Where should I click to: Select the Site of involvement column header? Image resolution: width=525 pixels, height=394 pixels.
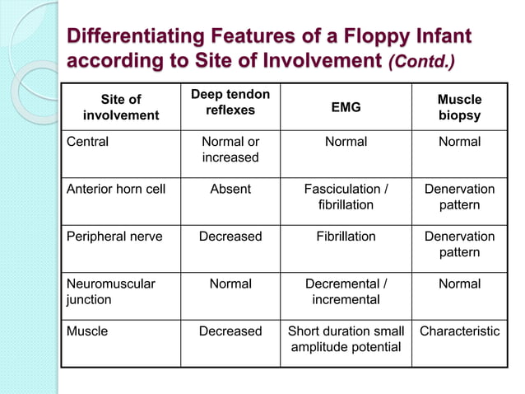coord(122,107)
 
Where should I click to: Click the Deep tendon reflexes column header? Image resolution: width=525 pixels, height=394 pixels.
coord(230,102)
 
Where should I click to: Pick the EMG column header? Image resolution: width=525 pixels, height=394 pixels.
coord(346,107)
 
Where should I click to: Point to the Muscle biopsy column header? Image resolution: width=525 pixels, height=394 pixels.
coord(459,107)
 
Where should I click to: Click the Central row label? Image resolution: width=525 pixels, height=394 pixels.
coord(88,142)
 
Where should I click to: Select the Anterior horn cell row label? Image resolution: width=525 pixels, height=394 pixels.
coord(116,189)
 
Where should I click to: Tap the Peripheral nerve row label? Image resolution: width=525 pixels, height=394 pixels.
coord(114,237)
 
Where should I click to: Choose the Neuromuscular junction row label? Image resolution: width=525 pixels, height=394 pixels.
coord(111,291)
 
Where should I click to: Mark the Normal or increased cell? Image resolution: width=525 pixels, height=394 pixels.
coord(230,149)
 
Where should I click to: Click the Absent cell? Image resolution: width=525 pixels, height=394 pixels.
coord(230,189)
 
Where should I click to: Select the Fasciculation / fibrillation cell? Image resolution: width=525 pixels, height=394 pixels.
coord(346,196)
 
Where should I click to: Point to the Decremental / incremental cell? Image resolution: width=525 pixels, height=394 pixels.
coord(346,291)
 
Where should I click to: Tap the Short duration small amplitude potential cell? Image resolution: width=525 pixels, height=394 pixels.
coord(346,339)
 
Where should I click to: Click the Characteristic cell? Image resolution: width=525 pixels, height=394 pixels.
coord(459,331)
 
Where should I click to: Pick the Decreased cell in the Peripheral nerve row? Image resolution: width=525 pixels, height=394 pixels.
coord(230,237)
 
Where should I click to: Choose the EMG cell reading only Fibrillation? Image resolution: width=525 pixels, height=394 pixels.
coord(346,237)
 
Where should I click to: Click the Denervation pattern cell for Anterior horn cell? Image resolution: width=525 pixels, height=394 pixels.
coord(459,196)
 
